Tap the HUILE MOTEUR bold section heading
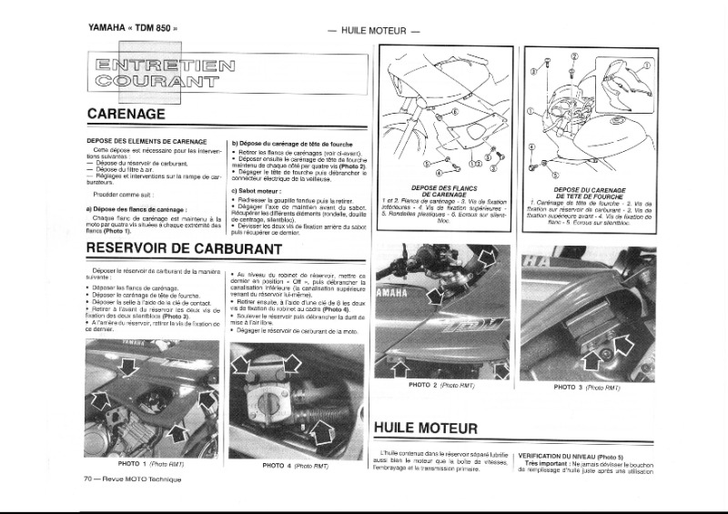tap(426, 428)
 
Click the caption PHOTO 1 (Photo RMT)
tap(151, 464)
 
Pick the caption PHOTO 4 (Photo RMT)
tap(295, 465)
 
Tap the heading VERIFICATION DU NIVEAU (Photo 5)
tap(571, 455)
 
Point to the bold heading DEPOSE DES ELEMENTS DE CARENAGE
tap(145, 142)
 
